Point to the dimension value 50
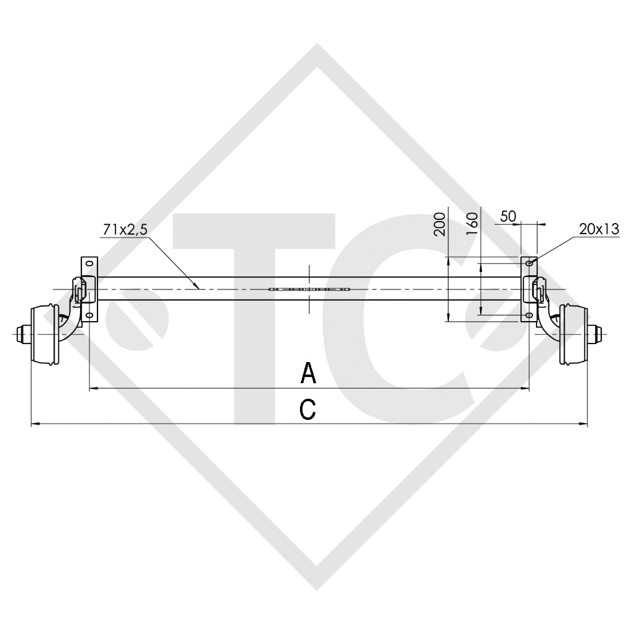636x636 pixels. [508, 216]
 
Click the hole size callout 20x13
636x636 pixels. [599, 229]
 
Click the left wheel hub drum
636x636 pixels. [45, 335]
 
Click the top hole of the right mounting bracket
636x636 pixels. [529, 264]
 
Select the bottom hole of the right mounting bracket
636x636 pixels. [529, 316]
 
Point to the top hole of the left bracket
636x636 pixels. [89, 264]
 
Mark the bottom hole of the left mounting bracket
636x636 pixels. [89, 316]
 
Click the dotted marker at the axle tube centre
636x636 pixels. [309, 289]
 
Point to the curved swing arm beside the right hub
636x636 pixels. [547, 317]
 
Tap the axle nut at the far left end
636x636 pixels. [20, 335]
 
